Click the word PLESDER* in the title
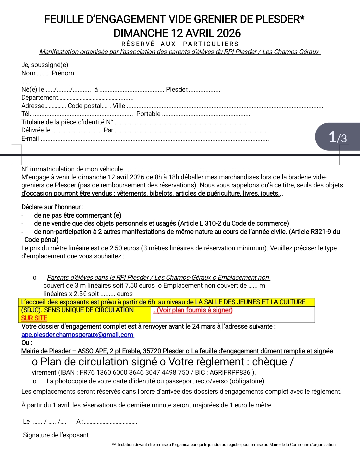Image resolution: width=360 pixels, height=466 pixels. (x=280, y=19)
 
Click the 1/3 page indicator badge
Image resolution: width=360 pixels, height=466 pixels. (x=338, y=137)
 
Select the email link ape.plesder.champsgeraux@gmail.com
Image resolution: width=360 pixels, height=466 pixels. (x=77, y=335)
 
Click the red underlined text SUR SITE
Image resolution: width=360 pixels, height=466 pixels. (x=34, y=318)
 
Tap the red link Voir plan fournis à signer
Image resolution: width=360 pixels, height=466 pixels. (x=193, y=310)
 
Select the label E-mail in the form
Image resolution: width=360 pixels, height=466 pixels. (x=30, y=139)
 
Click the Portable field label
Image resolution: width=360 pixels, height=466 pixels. (x=148, y=114)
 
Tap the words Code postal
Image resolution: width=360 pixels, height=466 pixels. (x=84, y=106)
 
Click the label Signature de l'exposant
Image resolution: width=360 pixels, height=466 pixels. (x=56, y=435)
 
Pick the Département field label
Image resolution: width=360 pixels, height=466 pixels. (x=39, y=97)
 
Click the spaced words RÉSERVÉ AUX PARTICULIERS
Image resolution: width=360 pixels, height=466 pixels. (x=180, y=44)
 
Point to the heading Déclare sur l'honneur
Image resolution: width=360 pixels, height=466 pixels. (x=52, y=207)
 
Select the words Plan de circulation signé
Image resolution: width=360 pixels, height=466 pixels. (x=94, y=362)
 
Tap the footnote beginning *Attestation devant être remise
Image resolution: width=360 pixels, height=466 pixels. (x=224, y=444)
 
